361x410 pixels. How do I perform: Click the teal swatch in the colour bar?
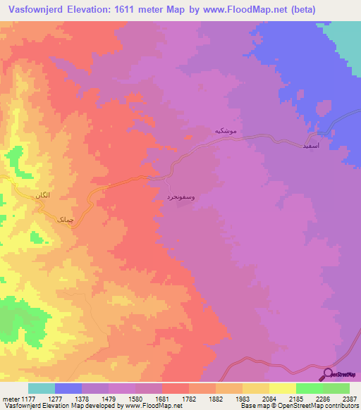coord(42,389)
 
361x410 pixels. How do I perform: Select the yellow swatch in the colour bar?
coord(282,389)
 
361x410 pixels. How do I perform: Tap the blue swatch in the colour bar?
coord(68,389)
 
